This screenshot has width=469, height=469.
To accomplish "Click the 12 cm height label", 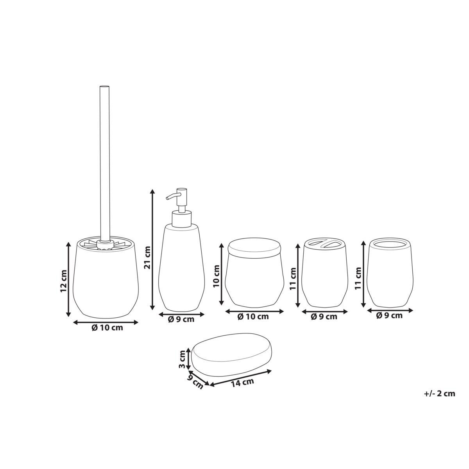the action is (x=64, y=281).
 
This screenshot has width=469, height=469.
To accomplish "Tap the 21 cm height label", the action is (x=147, y=258).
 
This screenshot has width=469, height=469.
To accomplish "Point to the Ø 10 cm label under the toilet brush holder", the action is (x=107, y=328).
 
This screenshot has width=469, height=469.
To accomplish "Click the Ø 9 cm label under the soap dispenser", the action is (x=181, y=319).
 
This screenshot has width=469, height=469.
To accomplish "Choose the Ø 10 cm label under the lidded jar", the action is (x=253, y=317).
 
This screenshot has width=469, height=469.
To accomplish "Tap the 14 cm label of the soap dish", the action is (x=242, y=382).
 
